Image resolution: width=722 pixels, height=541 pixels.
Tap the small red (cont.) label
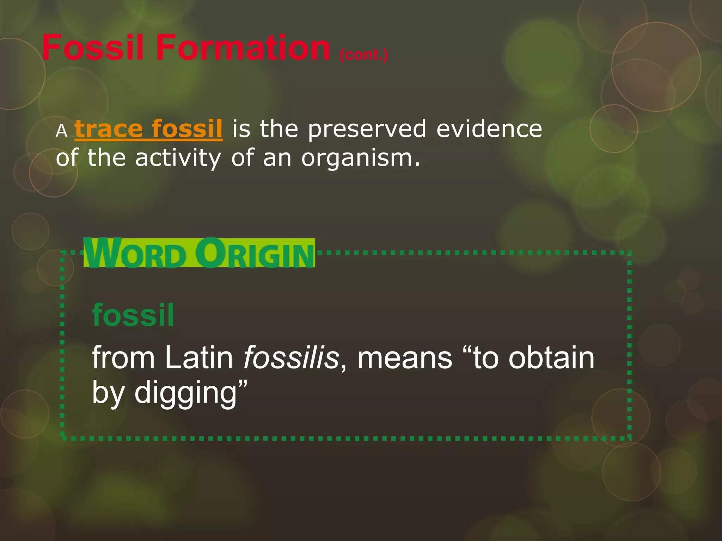pyautogui.click(x=363, y=55)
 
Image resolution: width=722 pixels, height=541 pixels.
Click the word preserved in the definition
pyautogui.click(x=367, y=129)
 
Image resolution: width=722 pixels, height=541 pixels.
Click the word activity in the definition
pyautogui.click(x=178, y=158)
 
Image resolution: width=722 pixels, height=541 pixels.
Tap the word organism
pyautogui.click(x=360, y=158)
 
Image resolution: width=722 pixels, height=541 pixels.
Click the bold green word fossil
pyautogui.click(x=133, y=315)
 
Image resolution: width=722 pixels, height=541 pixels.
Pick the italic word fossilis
pyautogui.click(x=291, y=358)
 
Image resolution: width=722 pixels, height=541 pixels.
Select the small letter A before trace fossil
pyautogui.click(x=61, y=131)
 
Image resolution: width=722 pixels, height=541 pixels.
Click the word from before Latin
pyautogui.click(x=123, y=358)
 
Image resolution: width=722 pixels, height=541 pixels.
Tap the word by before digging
pyautogui.click(x=107, y=393)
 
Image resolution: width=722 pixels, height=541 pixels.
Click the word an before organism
pyautogui.click(x=277, y=158)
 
